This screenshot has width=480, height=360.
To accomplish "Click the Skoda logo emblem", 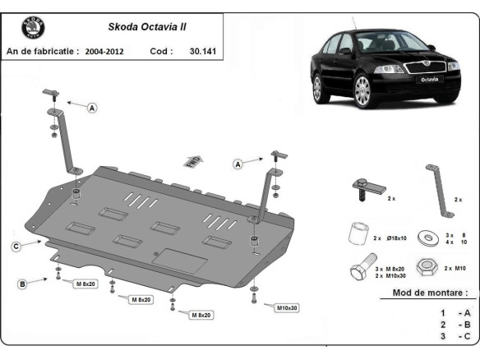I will point(34,28).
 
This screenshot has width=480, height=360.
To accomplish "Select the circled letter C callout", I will point(16,247).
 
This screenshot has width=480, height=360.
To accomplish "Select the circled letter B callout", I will point(22,284).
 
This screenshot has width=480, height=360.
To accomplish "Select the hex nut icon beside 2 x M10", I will point(427,268).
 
